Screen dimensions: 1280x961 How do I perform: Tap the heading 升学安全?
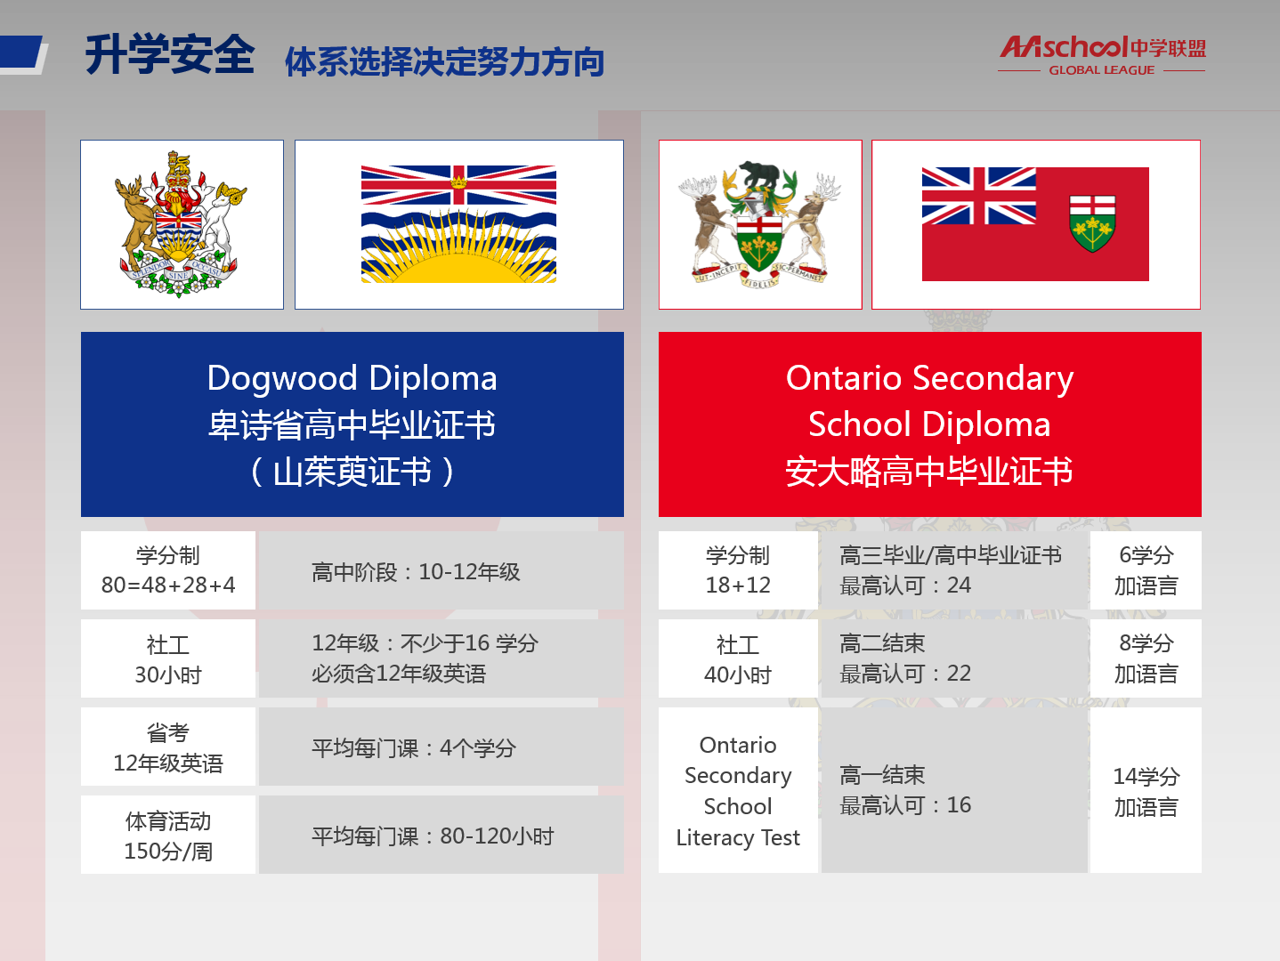(x=170, y=55)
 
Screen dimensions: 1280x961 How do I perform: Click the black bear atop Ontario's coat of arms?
(x=759, y=174)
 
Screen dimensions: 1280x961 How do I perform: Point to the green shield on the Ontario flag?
(x=1092, y=223)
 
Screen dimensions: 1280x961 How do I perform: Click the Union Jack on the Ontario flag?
(x=978, y=196)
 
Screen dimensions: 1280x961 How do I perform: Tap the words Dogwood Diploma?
(x=352, y=378)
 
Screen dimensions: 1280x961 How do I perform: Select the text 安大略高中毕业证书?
(x=929, y=472)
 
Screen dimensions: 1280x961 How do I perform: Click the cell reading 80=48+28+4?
(x=168, y=570)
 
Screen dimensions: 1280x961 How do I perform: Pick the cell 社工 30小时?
(x=168, y=658)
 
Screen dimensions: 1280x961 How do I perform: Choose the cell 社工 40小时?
(x=738, y=658)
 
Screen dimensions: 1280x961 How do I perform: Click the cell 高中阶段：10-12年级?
(x=442, y=570)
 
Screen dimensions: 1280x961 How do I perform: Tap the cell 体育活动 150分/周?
(x=168, y=835)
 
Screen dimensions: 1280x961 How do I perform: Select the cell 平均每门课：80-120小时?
(x=442, y=835)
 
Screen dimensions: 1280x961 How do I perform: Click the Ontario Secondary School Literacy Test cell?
(x=738, y=790)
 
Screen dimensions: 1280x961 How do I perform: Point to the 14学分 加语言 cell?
(x=1146, y=790)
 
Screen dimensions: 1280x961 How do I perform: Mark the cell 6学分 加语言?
(x=1146, y=570)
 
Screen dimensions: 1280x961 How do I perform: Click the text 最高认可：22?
(x=905, y=674)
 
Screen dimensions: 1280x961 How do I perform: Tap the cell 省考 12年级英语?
(x=168, y=747)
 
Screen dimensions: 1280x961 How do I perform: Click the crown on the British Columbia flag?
(x=459, y=182)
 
